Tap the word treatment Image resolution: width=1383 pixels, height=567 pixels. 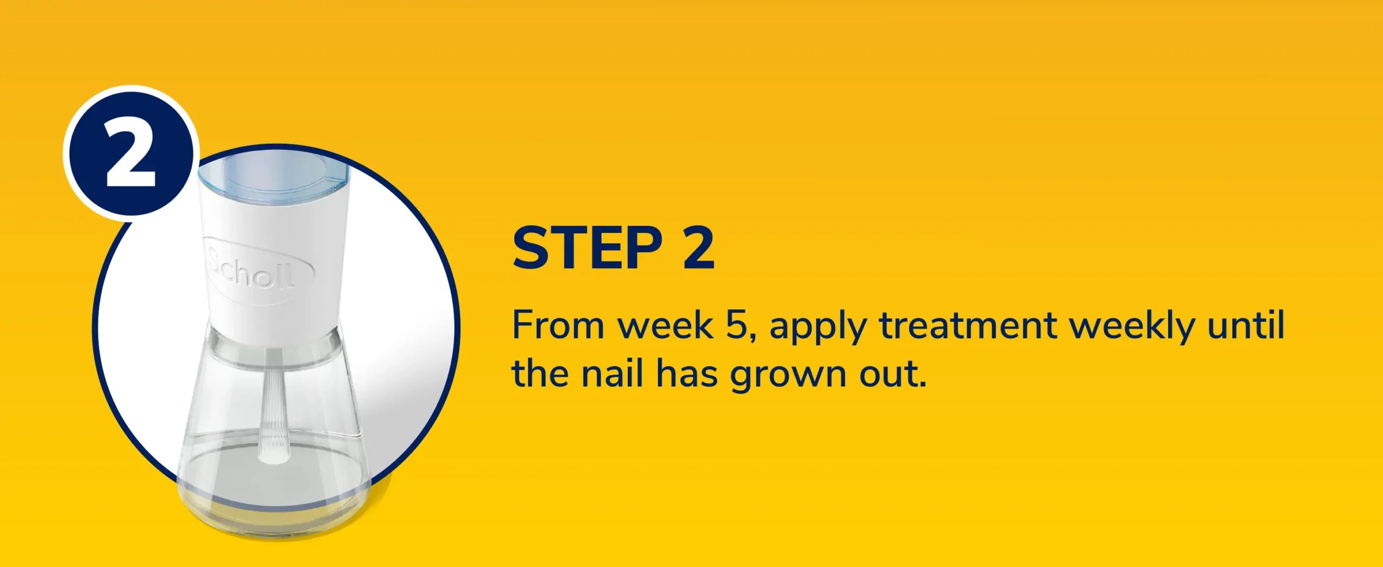pyautogui.click(x=967, y=326)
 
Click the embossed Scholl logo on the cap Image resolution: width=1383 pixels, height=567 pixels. pyautogui.click(x=258, y=269)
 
